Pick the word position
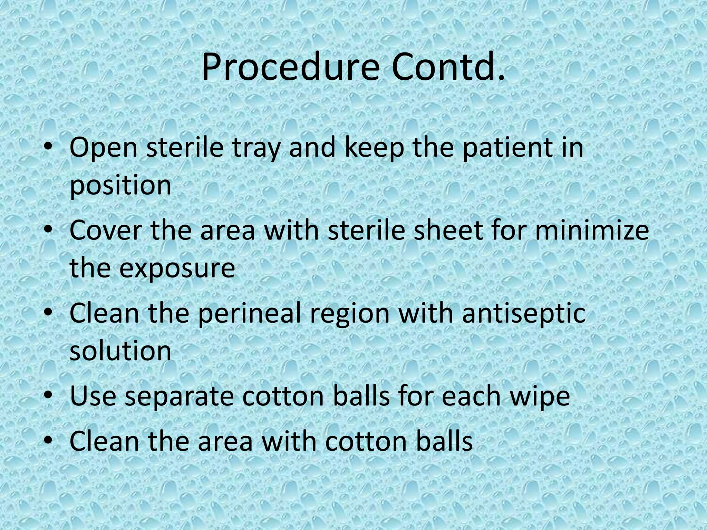tap(120, 186)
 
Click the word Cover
tap(106, 230)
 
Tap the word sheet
tap(448, 230)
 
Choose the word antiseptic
tap(523, 313)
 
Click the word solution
tap(120, 351)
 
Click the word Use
tap(93, 396)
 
